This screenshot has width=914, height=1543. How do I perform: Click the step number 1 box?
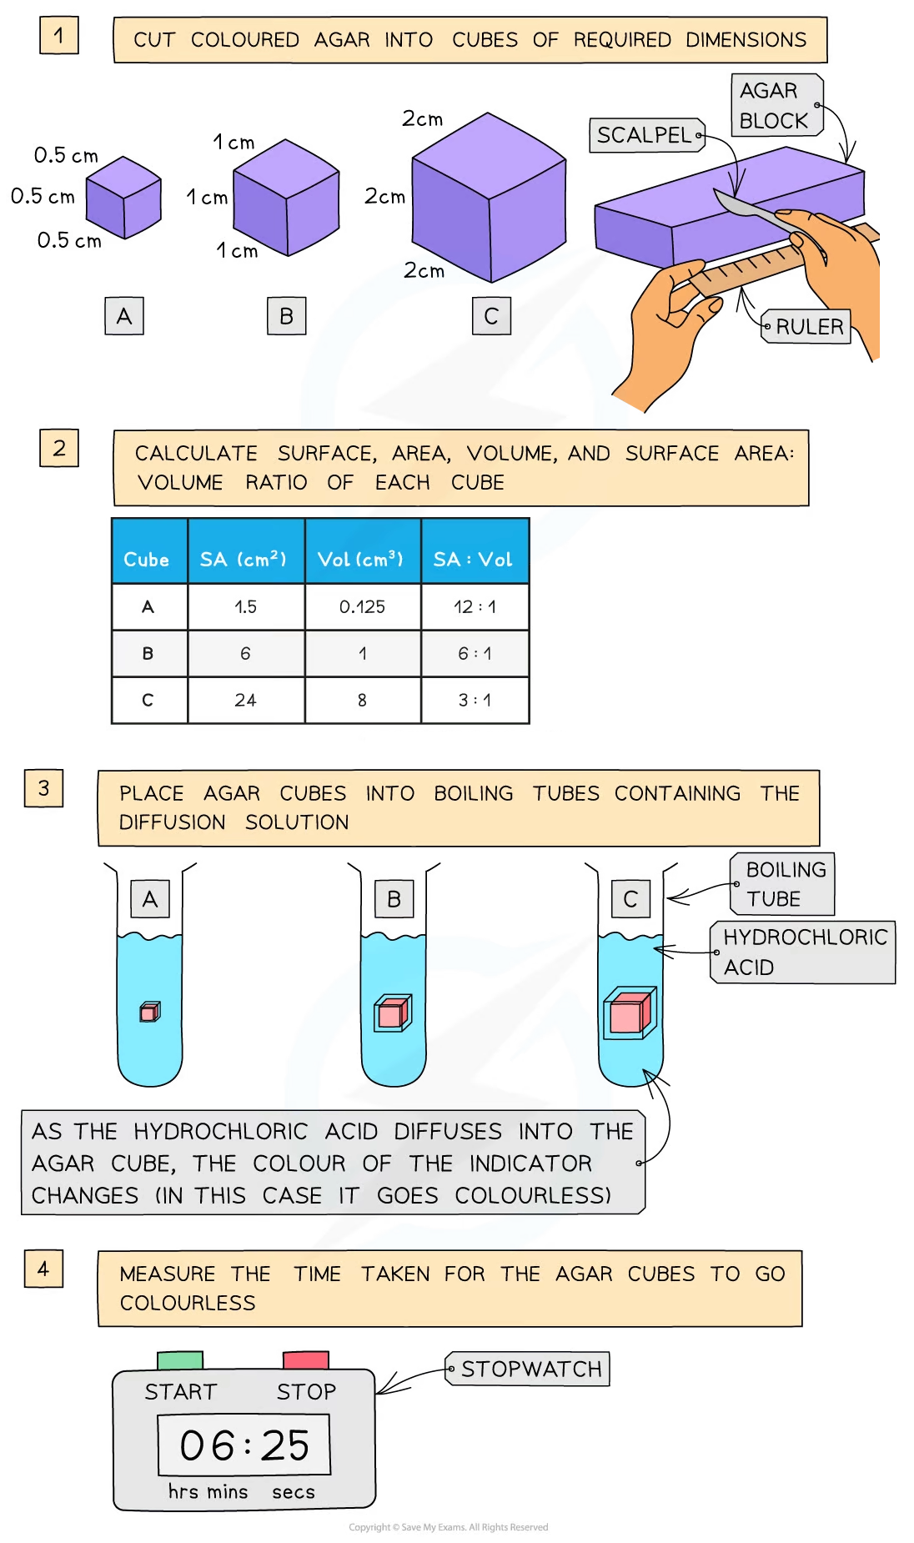[59, 36]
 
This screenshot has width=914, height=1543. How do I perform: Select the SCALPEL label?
[647, 135]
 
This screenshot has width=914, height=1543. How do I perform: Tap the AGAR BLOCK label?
[777, 105]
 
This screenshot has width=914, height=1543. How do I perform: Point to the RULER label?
[806, 327]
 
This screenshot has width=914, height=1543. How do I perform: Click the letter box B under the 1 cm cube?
[286, 316]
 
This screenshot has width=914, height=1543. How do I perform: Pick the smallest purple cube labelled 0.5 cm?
[123, 198]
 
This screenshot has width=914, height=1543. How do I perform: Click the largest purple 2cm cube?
[490, 198]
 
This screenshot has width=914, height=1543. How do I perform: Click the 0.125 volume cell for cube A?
[363, 606]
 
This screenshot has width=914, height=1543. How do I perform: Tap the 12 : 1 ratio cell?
[475, 606]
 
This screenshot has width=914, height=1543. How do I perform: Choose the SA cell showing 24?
[246, 700]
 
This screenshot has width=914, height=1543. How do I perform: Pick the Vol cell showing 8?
[363, 700]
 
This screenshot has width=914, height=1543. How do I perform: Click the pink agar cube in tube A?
[150, 1012]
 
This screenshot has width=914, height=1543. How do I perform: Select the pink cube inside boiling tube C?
[630, 1013]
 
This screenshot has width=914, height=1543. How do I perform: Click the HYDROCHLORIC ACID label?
[803, 952]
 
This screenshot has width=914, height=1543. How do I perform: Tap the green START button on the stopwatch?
[180, 1360]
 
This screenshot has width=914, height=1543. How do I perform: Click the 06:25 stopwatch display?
[244, 1445]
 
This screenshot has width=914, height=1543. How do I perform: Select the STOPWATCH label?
[529, 1369]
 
